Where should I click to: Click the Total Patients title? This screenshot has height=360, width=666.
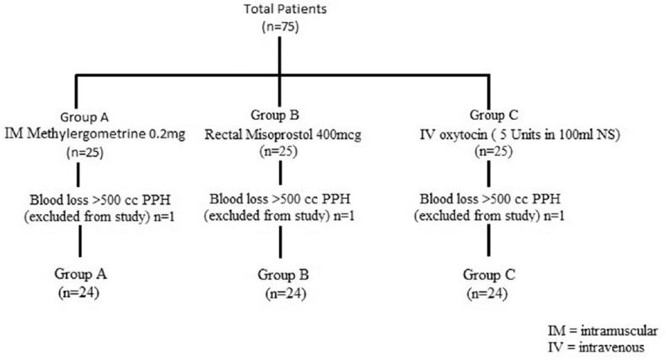pyautogui.click(x=285, y=9)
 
